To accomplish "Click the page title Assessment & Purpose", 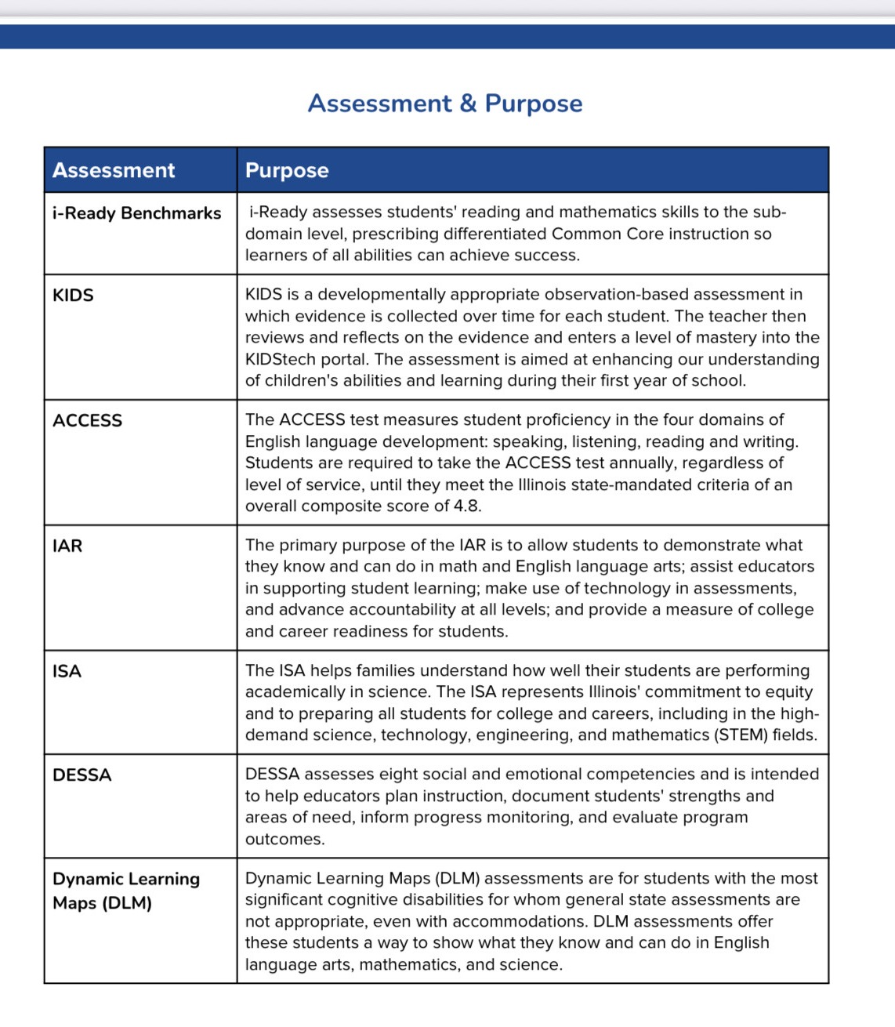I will pyautogui.click(x=445, y=103).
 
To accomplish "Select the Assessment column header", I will pyautogui.click(x=114, y=170).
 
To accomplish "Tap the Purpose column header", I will pyautogui.click(x=287, y=170).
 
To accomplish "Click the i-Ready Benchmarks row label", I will pyautogui.click(x=136, y=213).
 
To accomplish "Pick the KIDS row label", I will pyautogui.click(x=73, y=296).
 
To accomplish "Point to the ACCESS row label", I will pyautogui.click(x=87, y=421).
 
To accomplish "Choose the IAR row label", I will pyautogui.click(x=67, y=546).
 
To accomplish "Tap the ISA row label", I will pyautogui.click(x=67, y=671).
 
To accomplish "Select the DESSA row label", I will pyautogui.click(x=82, y=775).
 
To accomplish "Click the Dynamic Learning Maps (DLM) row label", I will pyautogui.click(x=125, y=891).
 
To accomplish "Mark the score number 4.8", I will pyautogui.click(x=466, y=506).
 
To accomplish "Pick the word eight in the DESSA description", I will pyautogui.click(x=399, y=775).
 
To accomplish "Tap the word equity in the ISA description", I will pyautogui.click(x=788, y=692).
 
